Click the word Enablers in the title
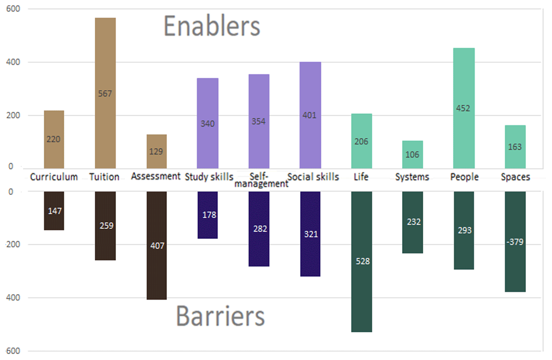click(x=212, y=27)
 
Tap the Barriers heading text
click(x=220, y=317)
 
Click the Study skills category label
click(x=209, y=177)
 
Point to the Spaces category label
click(x=515, y=177)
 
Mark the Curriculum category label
click(x=54, y=177)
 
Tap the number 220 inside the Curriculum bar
click(x=54, y=139)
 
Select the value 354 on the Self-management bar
click(x=259, y=122)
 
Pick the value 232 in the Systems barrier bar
click(x=413, y=222)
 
